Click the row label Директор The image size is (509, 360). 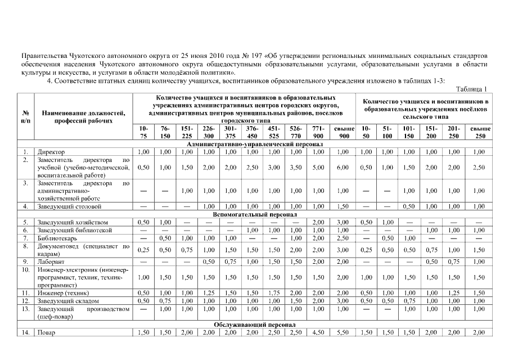51,152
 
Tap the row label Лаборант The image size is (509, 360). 51,262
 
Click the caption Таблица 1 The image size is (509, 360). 472,89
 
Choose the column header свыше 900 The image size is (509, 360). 343,132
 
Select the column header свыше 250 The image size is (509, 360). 480,132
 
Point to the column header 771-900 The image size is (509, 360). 318,132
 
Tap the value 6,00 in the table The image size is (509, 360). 343,168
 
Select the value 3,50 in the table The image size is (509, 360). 296,168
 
